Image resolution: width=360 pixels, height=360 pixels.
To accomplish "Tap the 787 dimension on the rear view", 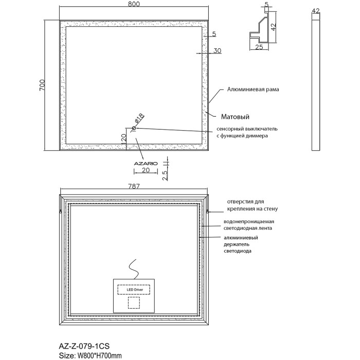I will click(135, 187).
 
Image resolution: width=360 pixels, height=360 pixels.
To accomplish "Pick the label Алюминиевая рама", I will click(253, 89).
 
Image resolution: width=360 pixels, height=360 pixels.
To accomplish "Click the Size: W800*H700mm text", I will click(92, 354).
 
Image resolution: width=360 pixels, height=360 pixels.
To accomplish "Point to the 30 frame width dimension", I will click(217, 50).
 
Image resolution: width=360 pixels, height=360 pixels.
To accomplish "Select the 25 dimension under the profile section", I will click(259, 47).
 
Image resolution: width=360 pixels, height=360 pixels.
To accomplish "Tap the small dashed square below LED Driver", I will click(134, 302).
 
